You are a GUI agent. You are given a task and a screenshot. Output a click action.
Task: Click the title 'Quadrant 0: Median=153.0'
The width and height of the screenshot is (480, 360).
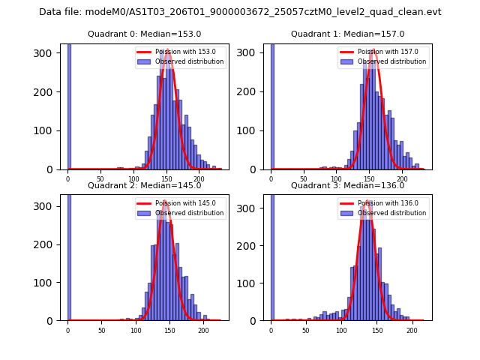click(144, 34)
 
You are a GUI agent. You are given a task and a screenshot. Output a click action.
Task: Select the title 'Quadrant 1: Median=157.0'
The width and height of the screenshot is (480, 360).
click(347, 34)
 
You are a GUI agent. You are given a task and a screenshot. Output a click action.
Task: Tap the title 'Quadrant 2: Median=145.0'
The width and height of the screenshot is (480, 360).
click(144, 185)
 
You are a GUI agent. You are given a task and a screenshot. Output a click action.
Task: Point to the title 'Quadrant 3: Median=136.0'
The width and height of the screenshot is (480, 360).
click(347, 185)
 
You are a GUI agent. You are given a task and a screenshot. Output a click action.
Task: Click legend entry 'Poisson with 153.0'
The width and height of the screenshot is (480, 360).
click(180, 52)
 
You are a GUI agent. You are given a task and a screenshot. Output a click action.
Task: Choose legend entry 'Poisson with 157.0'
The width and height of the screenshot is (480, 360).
click(383, 52)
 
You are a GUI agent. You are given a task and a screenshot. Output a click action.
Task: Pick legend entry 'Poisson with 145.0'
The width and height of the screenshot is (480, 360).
click(180, 203)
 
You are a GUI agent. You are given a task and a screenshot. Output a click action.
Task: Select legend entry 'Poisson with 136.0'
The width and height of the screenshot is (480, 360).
click(383, 203)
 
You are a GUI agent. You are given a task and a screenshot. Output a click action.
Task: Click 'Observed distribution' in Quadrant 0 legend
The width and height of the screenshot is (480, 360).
click(189, 61)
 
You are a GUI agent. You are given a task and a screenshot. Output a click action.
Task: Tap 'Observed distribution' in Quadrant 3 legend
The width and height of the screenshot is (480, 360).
click(392, 213)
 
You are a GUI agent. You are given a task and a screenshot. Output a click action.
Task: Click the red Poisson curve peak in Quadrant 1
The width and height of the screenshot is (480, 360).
click(373, 50)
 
